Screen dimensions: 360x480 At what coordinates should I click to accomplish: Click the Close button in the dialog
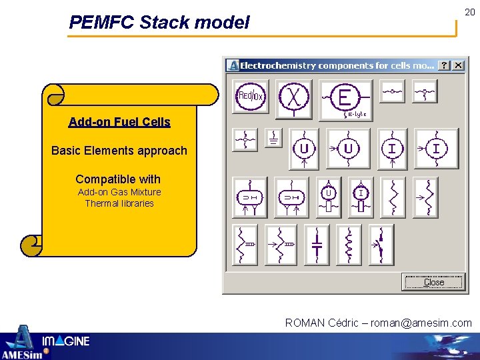[x=433, y=282]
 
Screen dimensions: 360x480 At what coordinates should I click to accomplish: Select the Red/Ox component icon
[x=250, y=97]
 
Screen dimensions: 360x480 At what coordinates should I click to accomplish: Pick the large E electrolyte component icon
[x=345, y=100]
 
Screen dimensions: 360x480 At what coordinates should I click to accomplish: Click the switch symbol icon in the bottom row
[x=381, y=245]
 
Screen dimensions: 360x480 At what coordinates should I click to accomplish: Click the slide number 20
[x=469, y=12]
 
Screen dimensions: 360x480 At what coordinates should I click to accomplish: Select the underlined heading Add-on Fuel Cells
[x=119, y=122]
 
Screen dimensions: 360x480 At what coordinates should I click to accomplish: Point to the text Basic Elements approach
[x=119, y=151]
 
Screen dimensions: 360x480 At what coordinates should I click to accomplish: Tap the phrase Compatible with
[x=118, y=179]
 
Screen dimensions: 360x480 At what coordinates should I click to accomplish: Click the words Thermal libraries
[x=119, y=203]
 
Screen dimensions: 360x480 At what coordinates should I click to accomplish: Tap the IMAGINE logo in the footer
[x=65, y=342]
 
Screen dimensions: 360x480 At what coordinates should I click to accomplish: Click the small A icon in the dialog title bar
[x=233, y=65]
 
